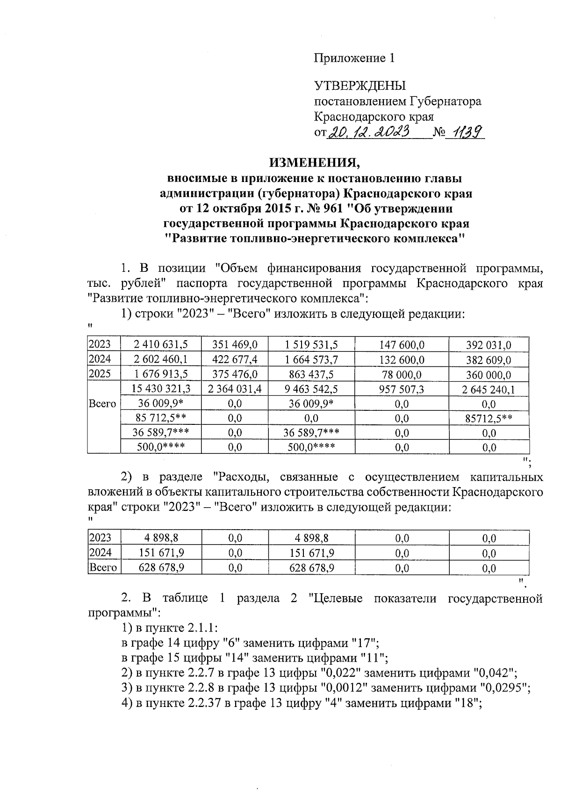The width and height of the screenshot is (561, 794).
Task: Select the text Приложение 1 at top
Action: point(354,58)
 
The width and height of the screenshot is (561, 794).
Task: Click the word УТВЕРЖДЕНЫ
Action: point(360,86)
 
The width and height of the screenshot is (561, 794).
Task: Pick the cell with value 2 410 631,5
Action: point(160,345)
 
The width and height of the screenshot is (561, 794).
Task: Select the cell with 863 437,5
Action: point(311,375)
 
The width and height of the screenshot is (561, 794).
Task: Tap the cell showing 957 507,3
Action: point(401,389)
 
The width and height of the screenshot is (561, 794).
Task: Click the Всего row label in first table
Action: point(103,404)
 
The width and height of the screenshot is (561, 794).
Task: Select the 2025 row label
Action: point(100,374)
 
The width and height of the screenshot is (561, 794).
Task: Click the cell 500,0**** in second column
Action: point(160,447)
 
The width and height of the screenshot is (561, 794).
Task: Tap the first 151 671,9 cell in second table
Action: point(160,553)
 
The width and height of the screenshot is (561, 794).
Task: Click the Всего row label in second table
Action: point(103,568)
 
